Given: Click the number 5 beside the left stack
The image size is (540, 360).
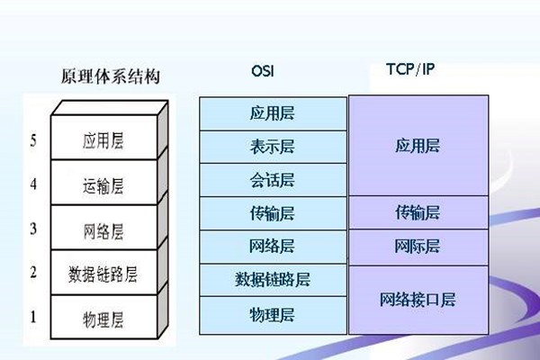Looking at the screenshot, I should [x=33, y=140].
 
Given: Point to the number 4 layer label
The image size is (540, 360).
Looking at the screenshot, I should [x=33, y=184].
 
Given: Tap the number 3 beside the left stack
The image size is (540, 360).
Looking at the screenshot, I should [x=33, y=229].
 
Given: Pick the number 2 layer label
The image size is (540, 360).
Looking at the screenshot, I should [x=33, y=272].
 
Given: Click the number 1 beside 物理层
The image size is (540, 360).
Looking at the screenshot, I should [x=33, y=316].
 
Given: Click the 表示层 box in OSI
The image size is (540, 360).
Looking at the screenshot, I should [x=273, y=147].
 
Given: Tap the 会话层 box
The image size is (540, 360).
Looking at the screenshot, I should [x=273, y=180].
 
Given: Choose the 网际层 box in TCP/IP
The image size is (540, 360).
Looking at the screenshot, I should [x=418, y=246].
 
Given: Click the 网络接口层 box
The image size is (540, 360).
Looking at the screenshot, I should [x=418, y=300].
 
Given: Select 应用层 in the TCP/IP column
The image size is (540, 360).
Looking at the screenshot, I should [x=418, y=145].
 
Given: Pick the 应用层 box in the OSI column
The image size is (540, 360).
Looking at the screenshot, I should [x=273, y=113].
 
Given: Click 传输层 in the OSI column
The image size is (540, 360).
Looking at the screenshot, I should [x=273, y=213].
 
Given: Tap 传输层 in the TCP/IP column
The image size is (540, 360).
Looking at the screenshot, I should [x=418, y=212].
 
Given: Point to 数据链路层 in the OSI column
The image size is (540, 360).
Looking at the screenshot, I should [x=273, y=280].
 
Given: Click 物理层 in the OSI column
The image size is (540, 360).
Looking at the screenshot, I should [x=273, y=313].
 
